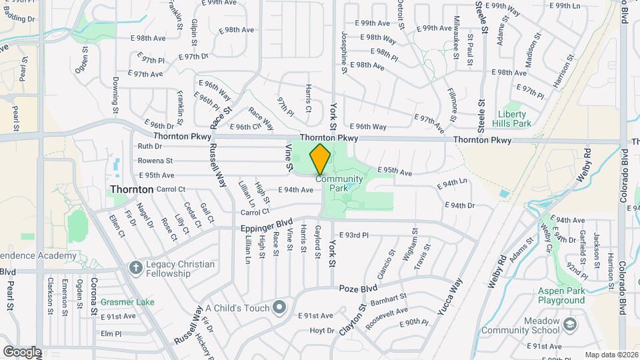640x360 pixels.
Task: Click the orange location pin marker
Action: tap(321, 159)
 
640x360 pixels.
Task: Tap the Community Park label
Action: tap(339, 183)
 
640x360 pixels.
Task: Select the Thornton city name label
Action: tap(132, 189)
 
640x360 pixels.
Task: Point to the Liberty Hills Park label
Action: tap(514, 119)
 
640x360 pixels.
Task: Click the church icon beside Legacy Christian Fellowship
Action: tap(135, 268)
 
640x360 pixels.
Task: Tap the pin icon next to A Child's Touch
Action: tap(279, 307)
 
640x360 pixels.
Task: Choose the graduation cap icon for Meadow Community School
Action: tap(571, 324)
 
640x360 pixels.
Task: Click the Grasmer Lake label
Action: tap(127, 302)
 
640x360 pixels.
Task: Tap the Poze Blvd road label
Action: tap(358, 289)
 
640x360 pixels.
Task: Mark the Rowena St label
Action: tap(155, 161)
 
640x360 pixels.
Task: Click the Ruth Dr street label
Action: tap(149, 146)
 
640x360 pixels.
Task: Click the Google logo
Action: tap(22, 351)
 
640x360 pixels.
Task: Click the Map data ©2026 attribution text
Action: tap(611, 355)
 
